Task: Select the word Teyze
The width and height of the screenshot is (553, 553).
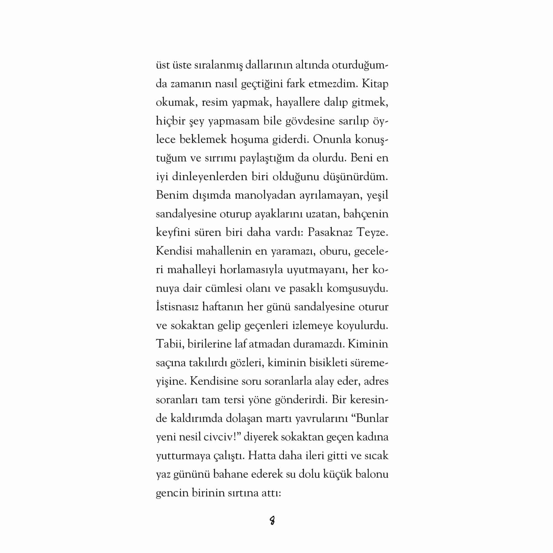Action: pos(372,233)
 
